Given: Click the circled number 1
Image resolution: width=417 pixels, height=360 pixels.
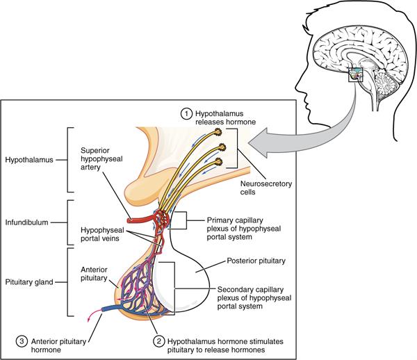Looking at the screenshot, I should point(186,113).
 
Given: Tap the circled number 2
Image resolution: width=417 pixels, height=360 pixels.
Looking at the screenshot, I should point(159,341).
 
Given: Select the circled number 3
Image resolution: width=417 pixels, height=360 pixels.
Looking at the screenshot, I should point(24,341).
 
